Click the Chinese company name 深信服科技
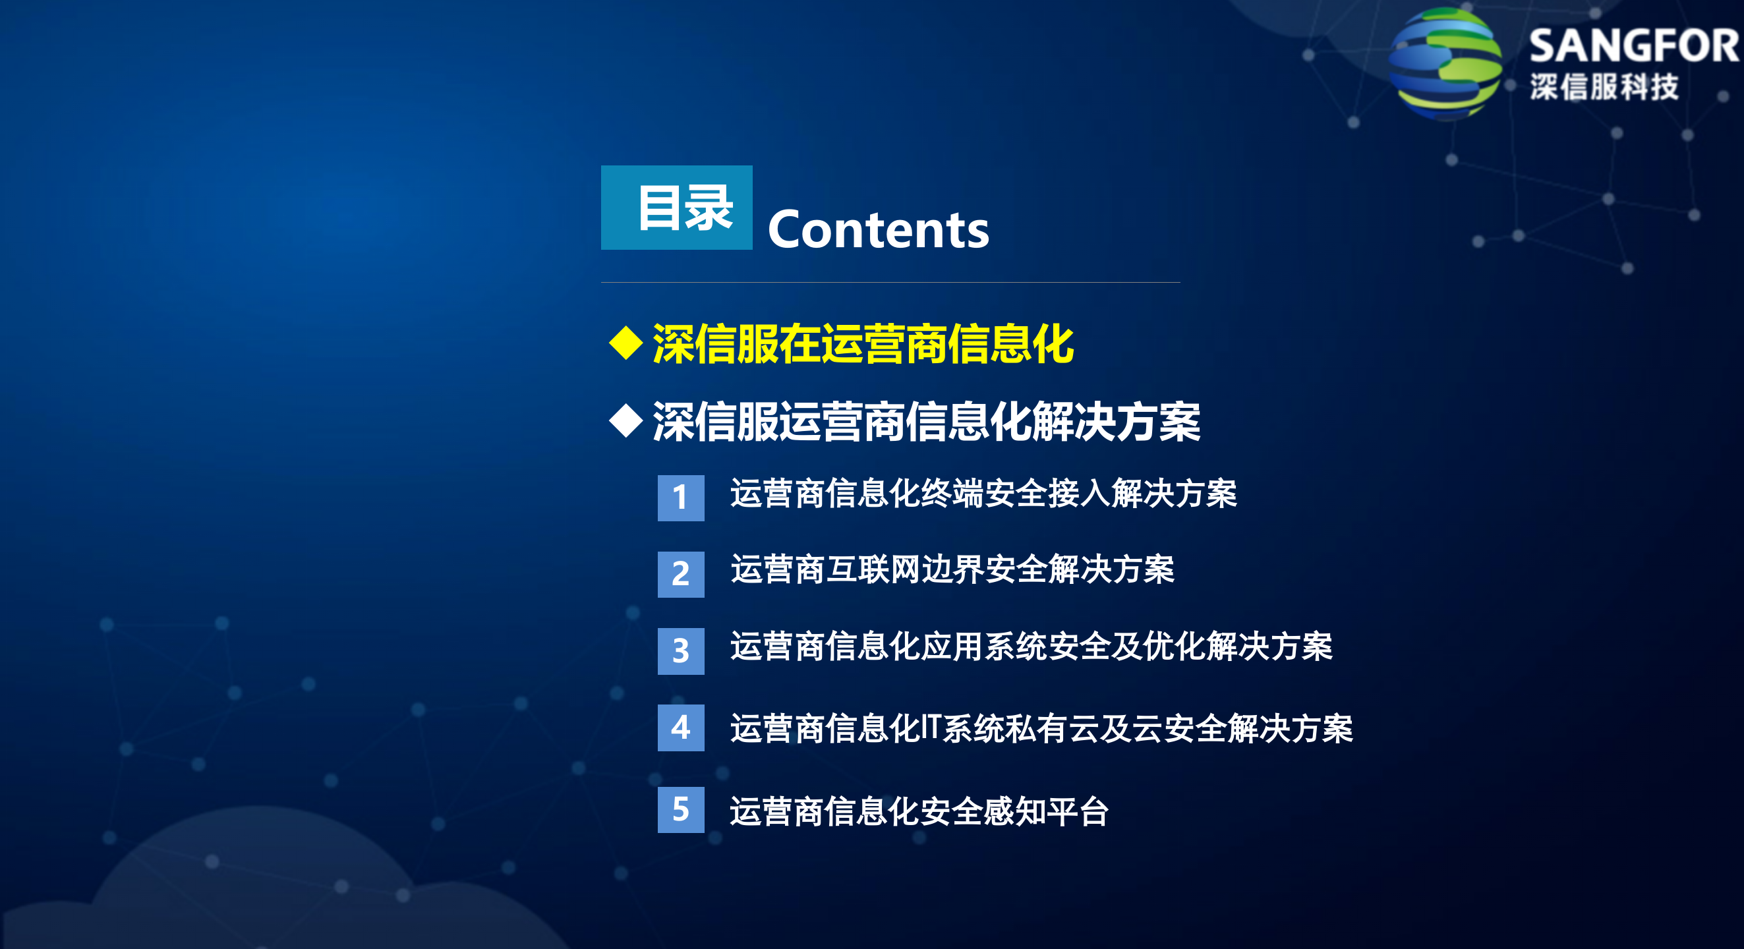pyautogui.click(x=1604, y=87)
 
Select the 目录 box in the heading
pyautogui.click(x=676, y=208)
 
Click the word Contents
pyautogui.click(x=878, y=230)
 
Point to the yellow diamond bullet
pyautogui.click(x=625, y=343)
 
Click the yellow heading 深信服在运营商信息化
pyautogui.click(x=863, y=344)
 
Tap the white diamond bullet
pyautogui.click(x=625, y=420)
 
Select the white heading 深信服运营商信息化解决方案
pyautogui.click(x=926, y=422)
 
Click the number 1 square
pyautogui.click(x=680, y=498)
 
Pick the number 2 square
pyautogui.click(x=680, y=575)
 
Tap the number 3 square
pyautogui.click(x=680, y=651)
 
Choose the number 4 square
pyautogui.click(x=680, y=728)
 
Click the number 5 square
pyautogui.click(x=680, y=809)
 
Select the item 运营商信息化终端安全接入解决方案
pyautogui.click(x=983, y=494)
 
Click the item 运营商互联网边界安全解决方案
pyautogui.click(x=952, y=569)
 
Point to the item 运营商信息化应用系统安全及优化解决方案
pyautogui.click(x=1031, y=647)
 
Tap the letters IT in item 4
pyautogui.click(x=930, y=728)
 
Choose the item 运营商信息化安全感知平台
pyautogui.click(x=919, y=811)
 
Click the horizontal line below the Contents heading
pyautogui.click(x=890, y=282)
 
